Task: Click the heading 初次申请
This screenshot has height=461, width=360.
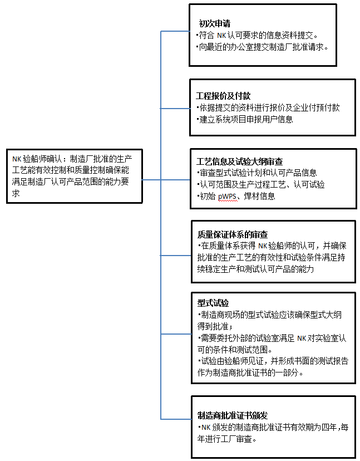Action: (x=215, y=23)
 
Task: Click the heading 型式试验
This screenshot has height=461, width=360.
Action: (x=213, y=303)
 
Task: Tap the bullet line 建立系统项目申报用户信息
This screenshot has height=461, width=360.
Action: (x=246, y=119)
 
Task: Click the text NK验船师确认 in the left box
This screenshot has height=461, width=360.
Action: (x=38, y=158)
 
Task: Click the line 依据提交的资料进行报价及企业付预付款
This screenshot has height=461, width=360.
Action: (x=269, y=107)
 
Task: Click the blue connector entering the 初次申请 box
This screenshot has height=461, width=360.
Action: (x=175, y=31)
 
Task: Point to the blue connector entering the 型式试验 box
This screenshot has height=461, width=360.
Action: (x=176, y=334)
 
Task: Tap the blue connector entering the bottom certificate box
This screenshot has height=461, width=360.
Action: (x=176, y=419)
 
